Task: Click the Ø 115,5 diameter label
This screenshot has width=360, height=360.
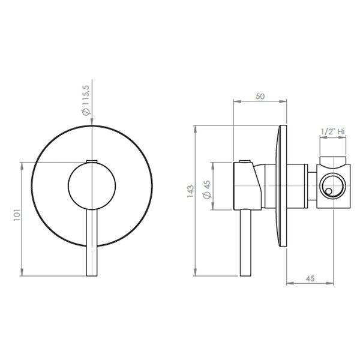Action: [87, 100]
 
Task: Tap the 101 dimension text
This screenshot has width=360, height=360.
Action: [17, 215]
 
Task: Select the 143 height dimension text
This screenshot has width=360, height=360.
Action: [190, 191]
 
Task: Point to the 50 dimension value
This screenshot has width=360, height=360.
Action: [260, 97]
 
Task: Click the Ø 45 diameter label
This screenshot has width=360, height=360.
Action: [207, 190]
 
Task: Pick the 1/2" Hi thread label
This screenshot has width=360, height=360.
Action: [332, 131]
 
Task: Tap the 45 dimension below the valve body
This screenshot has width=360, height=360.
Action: [310, 278]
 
